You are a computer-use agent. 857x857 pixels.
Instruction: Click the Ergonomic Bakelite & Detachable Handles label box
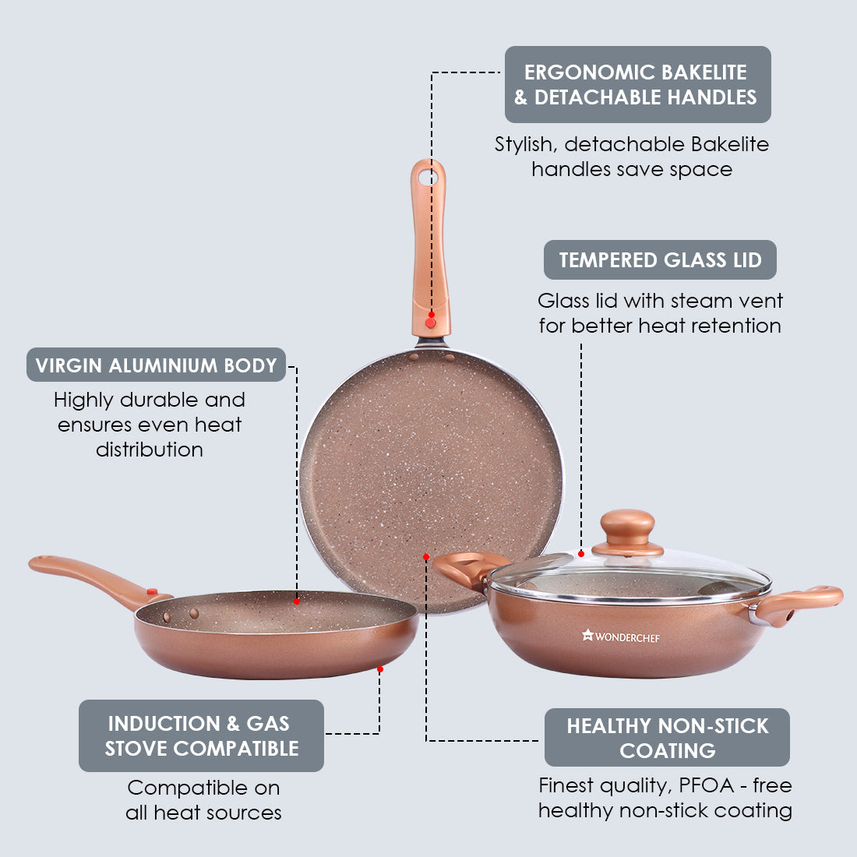pos(637,84)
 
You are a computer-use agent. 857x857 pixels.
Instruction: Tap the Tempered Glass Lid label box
pos(660,260)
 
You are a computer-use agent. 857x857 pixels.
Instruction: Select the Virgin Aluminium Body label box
pos(157,365)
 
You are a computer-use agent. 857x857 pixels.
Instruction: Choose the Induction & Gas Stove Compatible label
pos(201,735)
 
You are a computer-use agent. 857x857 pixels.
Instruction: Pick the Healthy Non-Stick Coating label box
pos(667,737)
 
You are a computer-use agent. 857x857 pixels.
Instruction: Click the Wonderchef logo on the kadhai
pos(621,637)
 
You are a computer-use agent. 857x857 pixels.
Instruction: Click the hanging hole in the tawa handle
pos(426,177)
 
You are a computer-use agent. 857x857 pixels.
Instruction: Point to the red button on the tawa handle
pos(431,322)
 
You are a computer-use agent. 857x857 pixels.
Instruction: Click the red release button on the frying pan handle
pos(152,592)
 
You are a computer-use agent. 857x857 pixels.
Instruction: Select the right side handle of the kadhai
pos(799,604)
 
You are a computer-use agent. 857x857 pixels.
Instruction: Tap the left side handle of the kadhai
pos(467,569)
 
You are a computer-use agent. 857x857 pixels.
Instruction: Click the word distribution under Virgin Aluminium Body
pos(149,450)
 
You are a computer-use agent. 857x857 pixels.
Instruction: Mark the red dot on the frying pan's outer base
pos(380,669)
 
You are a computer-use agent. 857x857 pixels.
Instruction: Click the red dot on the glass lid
pos(581,554)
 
